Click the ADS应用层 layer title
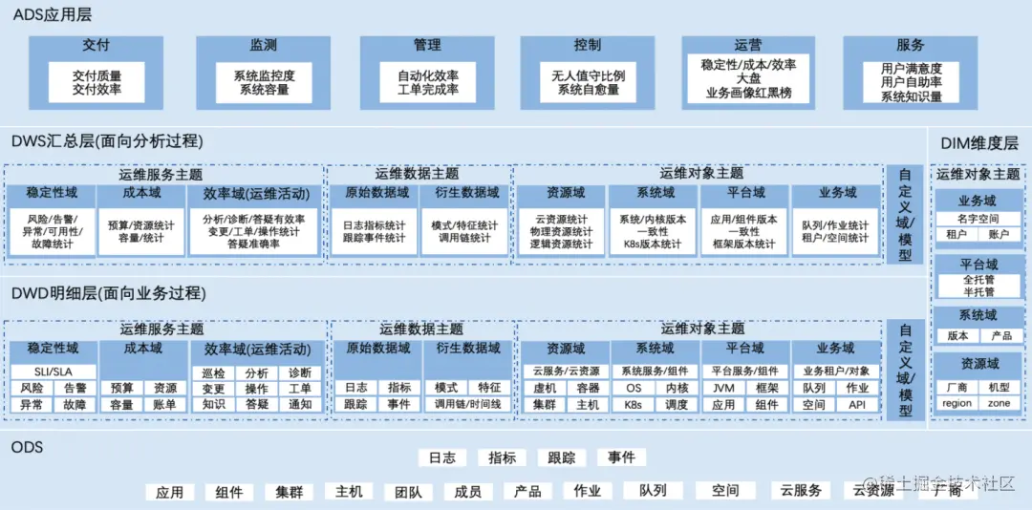click(53, 13)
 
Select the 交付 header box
click(97, 45)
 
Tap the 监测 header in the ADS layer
click(263, 45)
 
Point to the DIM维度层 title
click(979, 143)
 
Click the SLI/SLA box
click(54, 372)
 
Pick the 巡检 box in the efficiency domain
click(214, 372)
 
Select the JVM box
click(723, 388)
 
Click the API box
click(857, 404)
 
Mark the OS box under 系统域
click(634, 388)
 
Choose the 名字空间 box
click(978, 219)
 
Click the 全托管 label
click(978, 280)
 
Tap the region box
click(957, 403)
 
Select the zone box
click(1000, 403)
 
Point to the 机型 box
click(1000, 388)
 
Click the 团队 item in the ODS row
click(408, 492)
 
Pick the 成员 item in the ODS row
click(467, 492)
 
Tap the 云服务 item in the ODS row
click(801, 491)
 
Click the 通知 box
click(299, 404)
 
